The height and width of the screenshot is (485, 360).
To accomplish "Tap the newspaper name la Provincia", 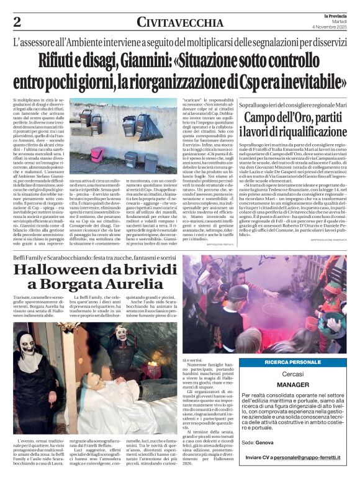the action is click(335, 15).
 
